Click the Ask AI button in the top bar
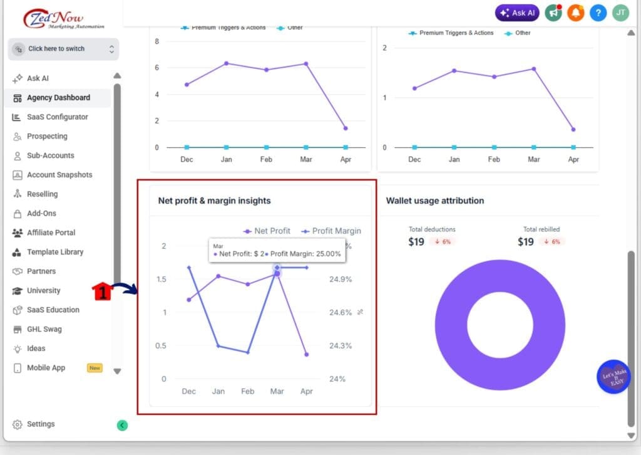click(x=517, y=13)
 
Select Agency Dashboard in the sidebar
click(x=58, y=98)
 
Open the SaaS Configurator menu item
click(x=57, y=117)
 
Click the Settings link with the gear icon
click(x=41, y=424)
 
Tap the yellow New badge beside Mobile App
click(x=95, y=368)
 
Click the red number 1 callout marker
click(x=102, y=291)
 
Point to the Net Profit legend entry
click(x=267, y=231)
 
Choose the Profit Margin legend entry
click(x=331, y=231)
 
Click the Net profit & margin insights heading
click(x=214, y=201)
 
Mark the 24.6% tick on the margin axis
click(x=341, y=312)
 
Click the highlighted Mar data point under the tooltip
click(x=277, y=273)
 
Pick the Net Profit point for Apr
click(x=307, y=355)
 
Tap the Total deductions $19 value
click(x=416, y=242)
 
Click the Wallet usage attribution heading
click(x=434, y=201)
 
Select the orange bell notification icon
click(x=576, y=13)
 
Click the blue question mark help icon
click(x=598, y=13)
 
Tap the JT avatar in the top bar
click(x=620, y=13)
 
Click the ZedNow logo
click(x=63, y=19)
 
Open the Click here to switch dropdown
click(x=63, y=49)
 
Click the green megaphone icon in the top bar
click(x=553, y=13)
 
